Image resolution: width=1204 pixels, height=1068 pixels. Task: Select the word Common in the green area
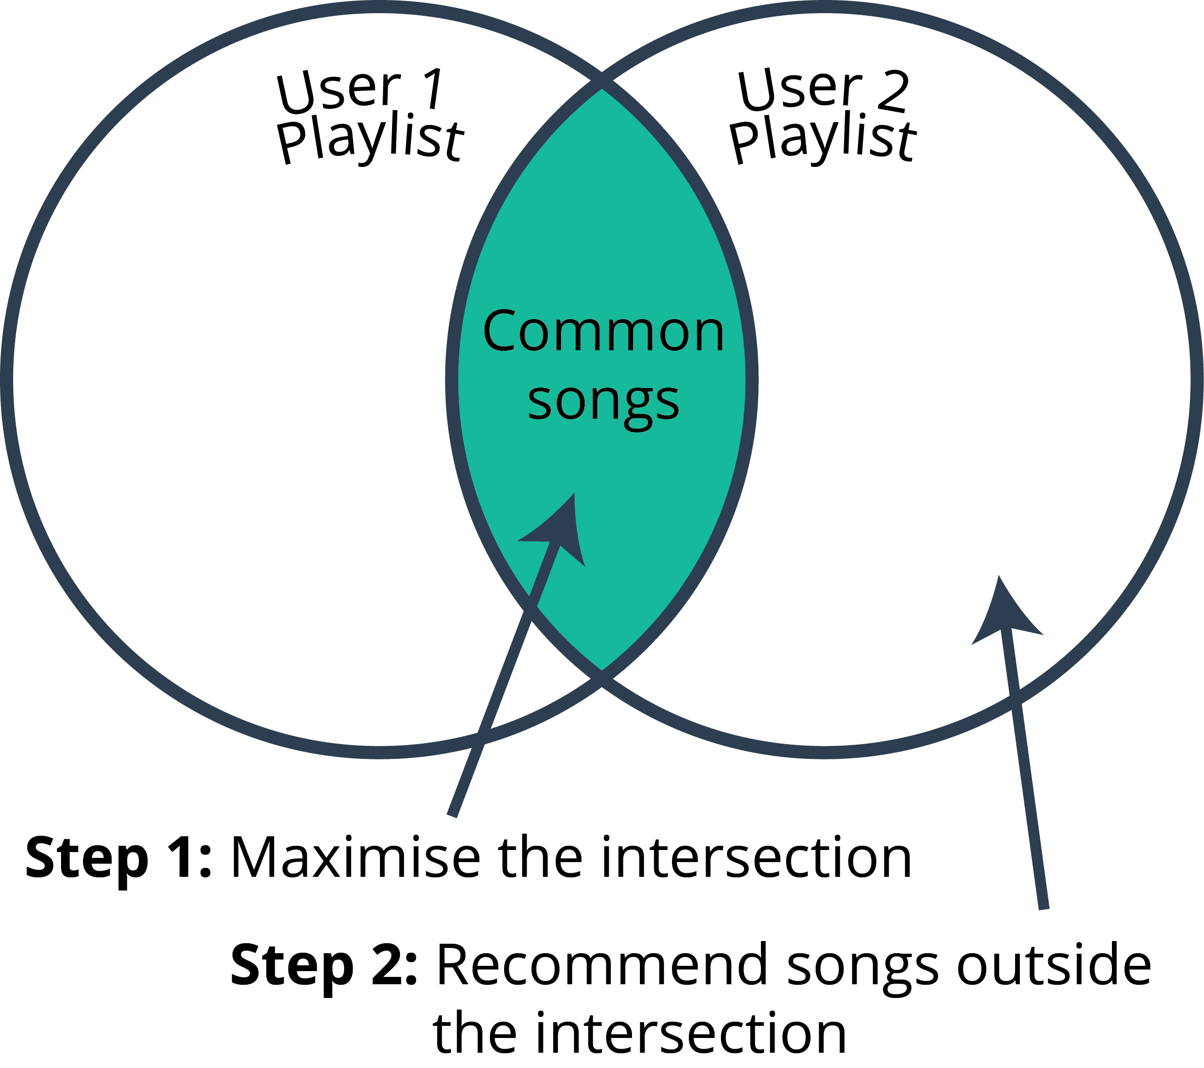tap(603, 331)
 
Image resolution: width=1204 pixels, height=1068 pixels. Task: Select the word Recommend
tap(601, 965)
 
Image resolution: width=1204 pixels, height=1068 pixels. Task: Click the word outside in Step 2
tap(1053, 965)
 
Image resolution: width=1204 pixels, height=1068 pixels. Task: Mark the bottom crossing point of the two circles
tap(601, 678)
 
